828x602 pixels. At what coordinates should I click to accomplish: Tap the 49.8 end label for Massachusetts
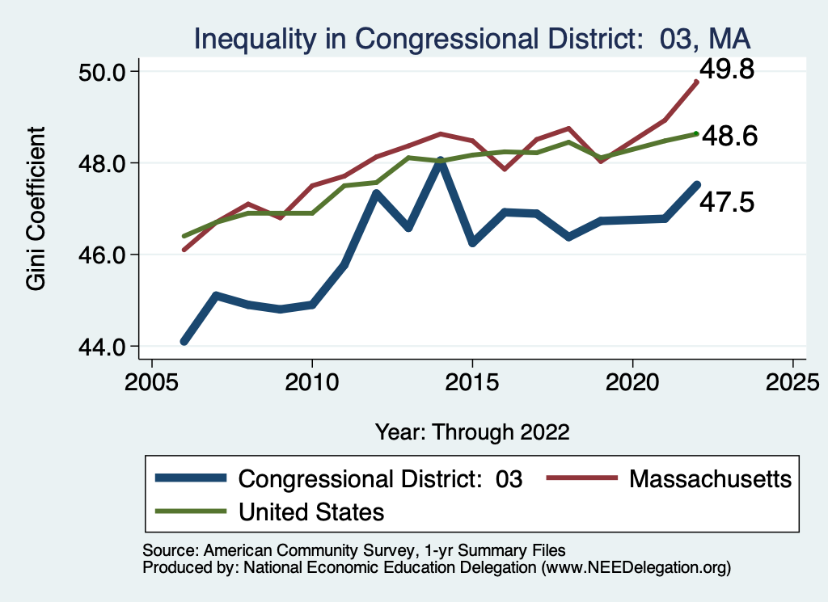point(727,70)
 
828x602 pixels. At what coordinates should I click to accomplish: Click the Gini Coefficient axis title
point(36,209)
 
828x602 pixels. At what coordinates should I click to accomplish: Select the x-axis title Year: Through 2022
point(472,432)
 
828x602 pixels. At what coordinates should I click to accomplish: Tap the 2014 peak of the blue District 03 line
point(440,162)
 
